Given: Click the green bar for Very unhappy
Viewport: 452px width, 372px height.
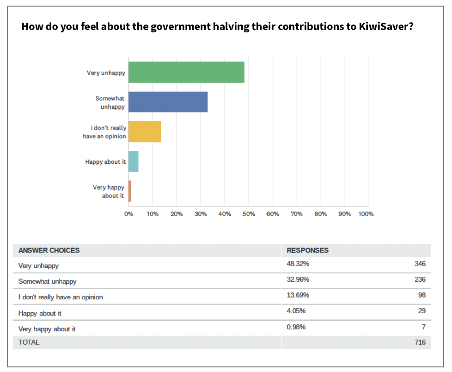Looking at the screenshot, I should (x=186, y=72).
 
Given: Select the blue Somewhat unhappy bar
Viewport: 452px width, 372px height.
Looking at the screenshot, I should (x=168, y=102).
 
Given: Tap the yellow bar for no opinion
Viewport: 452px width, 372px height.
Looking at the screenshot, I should (x=145, y=131).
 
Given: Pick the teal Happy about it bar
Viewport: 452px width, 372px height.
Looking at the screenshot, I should (x=133, y=161).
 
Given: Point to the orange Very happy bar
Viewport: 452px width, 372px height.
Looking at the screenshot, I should (x=130, y=191).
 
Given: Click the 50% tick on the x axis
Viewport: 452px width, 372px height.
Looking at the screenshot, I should (x=249, y=214).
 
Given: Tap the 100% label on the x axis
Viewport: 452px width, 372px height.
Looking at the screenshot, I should (x=366, y=214).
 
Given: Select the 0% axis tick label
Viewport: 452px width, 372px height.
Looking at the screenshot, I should (x=128, y=214).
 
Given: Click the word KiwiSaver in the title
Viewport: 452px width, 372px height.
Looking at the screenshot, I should (x=383, y=26).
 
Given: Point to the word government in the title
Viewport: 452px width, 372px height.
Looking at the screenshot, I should (x=174, y=26).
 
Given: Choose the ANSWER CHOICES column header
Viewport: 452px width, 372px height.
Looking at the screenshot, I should (x=49, y=250).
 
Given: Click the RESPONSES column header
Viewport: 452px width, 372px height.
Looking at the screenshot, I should (x=307, y=250).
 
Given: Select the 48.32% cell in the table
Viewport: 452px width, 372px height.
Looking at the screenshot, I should (x=298, y=264).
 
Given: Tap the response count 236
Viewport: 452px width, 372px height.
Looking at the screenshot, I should (x=420, y=279).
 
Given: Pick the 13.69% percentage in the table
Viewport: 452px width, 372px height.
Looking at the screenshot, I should (x=298, y=295).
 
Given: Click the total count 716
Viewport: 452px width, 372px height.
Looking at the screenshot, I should (x=420, y=342).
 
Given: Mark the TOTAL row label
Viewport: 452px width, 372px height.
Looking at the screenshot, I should (x=29, y=342).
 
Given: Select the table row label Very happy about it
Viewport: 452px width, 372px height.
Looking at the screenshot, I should (x=47, y=329).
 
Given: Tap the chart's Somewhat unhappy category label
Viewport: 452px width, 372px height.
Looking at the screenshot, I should (x=110, y=102).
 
